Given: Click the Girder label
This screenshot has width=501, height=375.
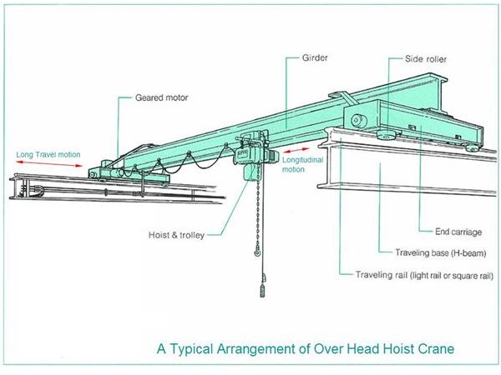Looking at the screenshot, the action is click(315, 57).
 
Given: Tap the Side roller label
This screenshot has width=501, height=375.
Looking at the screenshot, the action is click(426, 59).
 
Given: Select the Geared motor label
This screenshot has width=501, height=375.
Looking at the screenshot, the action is click(162, 97).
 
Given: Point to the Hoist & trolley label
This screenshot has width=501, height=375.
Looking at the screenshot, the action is click(176, 235).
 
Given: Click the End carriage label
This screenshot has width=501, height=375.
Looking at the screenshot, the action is click(458, 232).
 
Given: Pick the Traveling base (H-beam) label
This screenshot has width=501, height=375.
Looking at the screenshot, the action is click(441, 252).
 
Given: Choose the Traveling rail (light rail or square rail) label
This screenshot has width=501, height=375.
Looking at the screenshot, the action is click(425, 275).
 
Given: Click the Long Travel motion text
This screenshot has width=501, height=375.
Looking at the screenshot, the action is click(48, 155).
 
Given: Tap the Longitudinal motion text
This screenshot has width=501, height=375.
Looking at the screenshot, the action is click(302, 164).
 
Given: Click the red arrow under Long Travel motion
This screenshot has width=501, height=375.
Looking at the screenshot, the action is click(49, 164).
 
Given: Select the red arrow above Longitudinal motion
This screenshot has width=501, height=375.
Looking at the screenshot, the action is click(296, 150).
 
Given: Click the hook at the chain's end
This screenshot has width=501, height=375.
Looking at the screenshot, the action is click(257, 252).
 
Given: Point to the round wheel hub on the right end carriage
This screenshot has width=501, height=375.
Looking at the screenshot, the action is click(357, 121).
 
